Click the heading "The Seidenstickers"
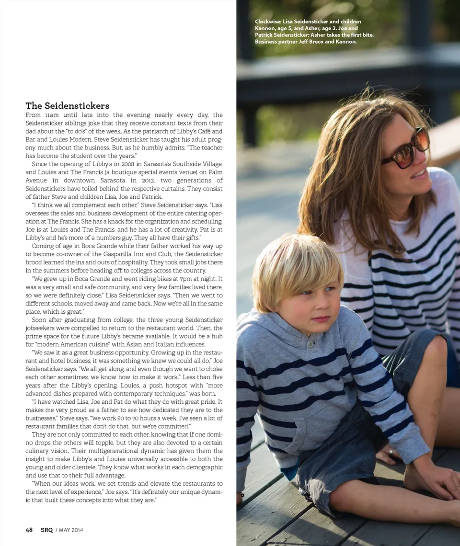pyautogui.click(x=68, y=106)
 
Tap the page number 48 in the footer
pyautogui.click(x=29, y=530)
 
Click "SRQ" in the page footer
pyautogui.click(x=46, y=530)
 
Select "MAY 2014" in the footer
pyautogui.click(x=71, y=530)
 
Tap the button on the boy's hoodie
pyautogui.click(x=311, y=344)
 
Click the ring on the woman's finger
pyautogui.click(x=391, y=452)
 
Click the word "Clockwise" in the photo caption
pyautogui.click(x=267, y=22)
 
